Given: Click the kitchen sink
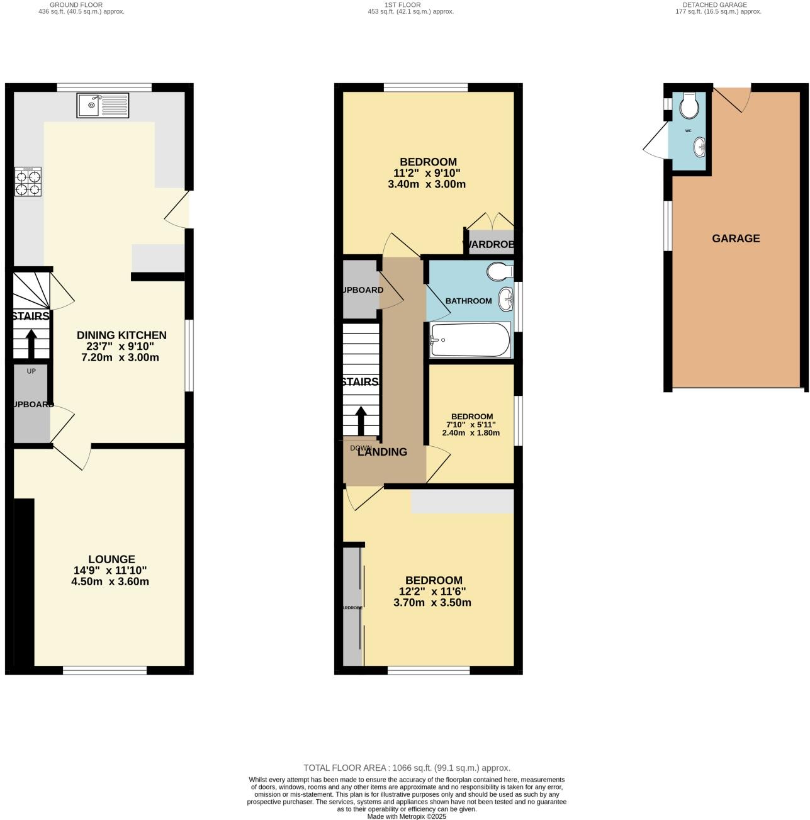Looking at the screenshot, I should pyautogui.click(x=103, y=105).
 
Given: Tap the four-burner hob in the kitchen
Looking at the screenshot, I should pyautogui.click(x=28, y=183).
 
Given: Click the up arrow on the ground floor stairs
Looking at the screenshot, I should pyautogui.click(x=31, y=344).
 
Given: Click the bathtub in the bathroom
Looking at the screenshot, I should pyautogui.click(x=470, y=340).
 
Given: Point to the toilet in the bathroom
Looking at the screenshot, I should pyautogui.click(x=500, y=271).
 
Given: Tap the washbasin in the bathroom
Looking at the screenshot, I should pyautogui.click(x=505, y=300).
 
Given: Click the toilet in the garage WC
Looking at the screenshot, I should pyautogui.click(x=690, y=106).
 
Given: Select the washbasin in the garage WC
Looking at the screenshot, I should pyautogui.click(x=699, y=148).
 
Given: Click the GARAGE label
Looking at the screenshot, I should pyautogui.click(x=736, y=239).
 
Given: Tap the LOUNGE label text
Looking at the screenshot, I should pyautogui.click(x=111, y=559).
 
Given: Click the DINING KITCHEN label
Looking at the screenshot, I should pyautogui.click(x=121, y=335).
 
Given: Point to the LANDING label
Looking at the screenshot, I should pyautogui.click(x=382, y=452).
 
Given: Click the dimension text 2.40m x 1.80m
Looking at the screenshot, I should pyautogui.click(x=471, y=433).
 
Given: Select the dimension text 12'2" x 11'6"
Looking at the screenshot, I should pyautogui.click(x=432, y=592).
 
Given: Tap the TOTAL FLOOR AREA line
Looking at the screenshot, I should pyautogui.click(x=407, y=768).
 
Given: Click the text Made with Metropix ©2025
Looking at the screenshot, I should pyautogui.click(x=407, y=816).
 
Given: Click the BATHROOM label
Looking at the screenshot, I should pyautogui.click(x=468, y=301).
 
